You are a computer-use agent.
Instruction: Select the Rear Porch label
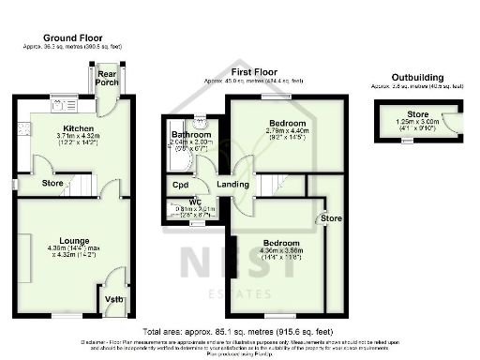click(106, 78)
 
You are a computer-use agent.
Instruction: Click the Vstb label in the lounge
click(113, 300)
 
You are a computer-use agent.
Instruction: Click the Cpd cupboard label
click(180, 185)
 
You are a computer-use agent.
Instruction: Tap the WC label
click(195, 202)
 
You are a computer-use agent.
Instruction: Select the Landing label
click(232, 185)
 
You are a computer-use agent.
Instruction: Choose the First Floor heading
click(256, 71)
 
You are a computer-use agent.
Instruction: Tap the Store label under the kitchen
click(53, 183)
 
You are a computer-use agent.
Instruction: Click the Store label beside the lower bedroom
click(332, 218)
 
